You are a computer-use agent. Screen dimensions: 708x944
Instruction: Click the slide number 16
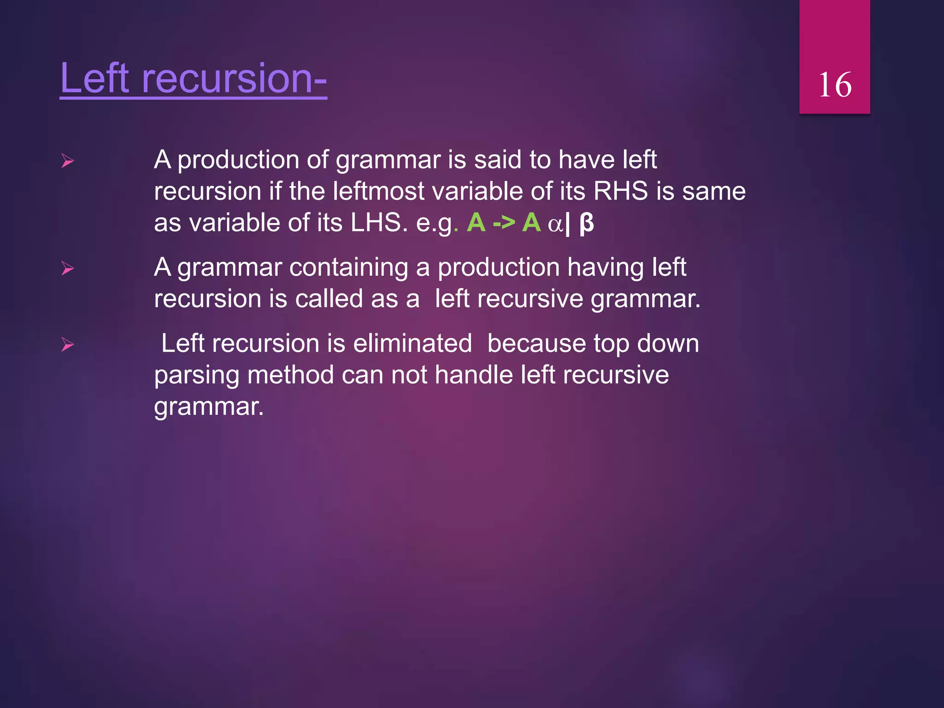(x=834, y=85)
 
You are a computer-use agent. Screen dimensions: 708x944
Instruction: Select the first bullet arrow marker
(x=68, y=161)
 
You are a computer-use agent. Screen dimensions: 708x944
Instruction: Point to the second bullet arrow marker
(x=68, y=268)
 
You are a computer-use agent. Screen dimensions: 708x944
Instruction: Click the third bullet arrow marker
(x=68, y=344)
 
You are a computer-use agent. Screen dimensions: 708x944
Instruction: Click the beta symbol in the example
(x=586, y=224)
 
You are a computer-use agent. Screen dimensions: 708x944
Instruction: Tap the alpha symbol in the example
(x=555, y=224)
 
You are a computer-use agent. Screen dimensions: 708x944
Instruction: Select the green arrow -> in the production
(x=503, y=224)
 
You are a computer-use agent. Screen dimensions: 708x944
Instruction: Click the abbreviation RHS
(x=620, y=191)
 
